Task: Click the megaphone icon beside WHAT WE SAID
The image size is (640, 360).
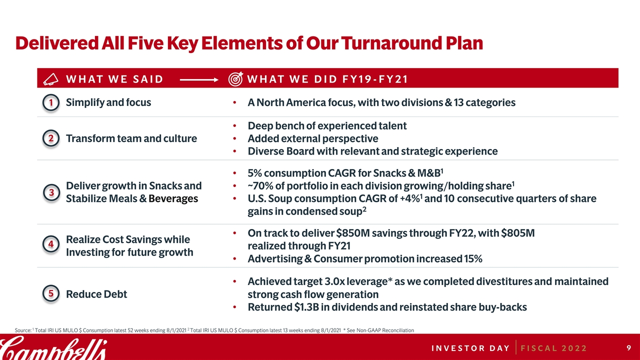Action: (50, 79)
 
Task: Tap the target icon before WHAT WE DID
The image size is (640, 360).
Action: (235, 79)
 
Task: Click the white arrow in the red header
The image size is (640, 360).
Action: (199, 80)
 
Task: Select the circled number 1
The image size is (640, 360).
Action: (51, 102)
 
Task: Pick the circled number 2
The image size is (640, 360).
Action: (51, 138)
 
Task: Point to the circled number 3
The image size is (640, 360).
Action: (51, 192)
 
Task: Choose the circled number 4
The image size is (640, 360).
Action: (51, 244)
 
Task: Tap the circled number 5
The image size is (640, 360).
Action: (51, 293)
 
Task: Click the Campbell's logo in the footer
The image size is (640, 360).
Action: (53, 348)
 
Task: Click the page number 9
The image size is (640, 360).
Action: (629, 347)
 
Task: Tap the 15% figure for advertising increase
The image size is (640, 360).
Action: (473, 259)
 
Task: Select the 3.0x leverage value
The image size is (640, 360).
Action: (335, 281)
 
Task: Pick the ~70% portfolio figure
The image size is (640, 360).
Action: (260, 186)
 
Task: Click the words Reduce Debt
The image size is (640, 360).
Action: (96, 294)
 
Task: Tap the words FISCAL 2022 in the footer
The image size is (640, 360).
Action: (553, 348)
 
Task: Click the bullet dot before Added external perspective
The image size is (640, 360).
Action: (234, 138)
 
